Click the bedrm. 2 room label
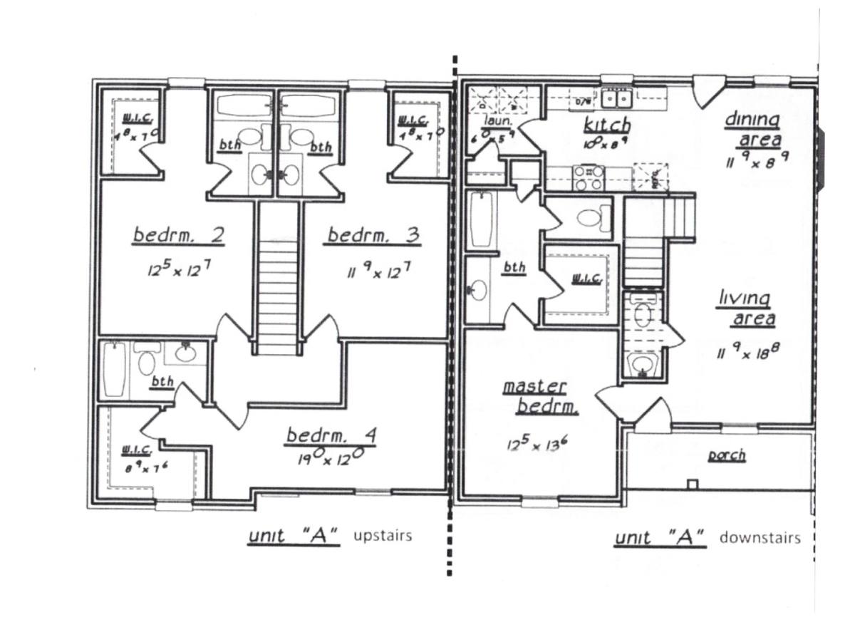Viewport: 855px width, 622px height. (x=179, y=236)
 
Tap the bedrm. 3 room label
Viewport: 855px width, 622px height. (x=372, y=236)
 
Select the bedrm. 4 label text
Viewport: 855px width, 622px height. (x=330, y=436)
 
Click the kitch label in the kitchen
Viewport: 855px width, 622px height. (x=607, y=126)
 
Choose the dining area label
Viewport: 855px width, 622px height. (x=752, y=129)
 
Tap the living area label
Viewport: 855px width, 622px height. (x=745, y=309)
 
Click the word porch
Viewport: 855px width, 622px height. (x=726, y=455)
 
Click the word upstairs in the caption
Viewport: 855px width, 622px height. (x=383, y=536)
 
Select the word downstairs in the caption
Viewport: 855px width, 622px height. (x=760, y=537)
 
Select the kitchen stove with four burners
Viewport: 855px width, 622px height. (x=589, y=178)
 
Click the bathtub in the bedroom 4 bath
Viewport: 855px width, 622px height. (x=115, y=369)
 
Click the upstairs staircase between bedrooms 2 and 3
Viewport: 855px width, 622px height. (x=276, y=285)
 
